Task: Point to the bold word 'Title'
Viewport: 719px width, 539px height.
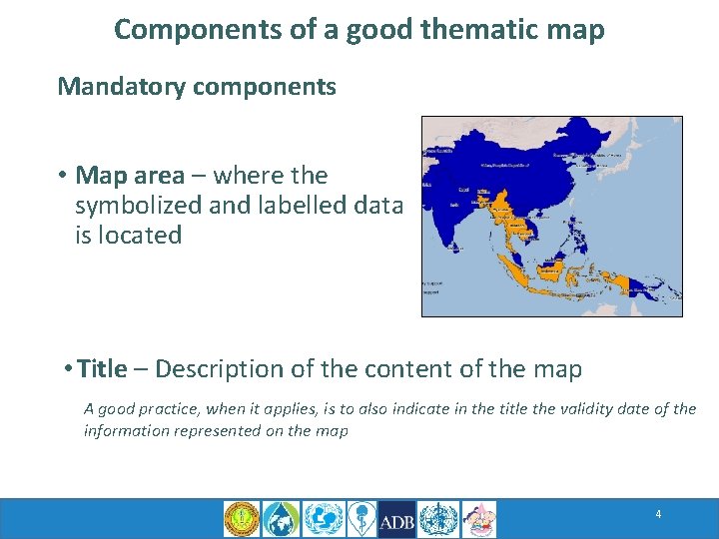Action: (102, 369)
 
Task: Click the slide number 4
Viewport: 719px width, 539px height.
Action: (658, 514)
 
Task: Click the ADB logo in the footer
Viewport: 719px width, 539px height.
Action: (396, 520)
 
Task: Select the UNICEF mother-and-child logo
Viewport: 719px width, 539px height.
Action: (322, 520)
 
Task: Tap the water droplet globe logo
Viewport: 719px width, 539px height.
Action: (281, 520)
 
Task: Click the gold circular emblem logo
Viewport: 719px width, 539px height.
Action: (241, 520)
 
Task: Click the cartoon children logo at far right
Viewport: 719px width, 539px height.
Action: (478, 520)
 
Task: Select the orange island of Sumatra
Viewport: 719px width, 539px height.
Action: (513, 269)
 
